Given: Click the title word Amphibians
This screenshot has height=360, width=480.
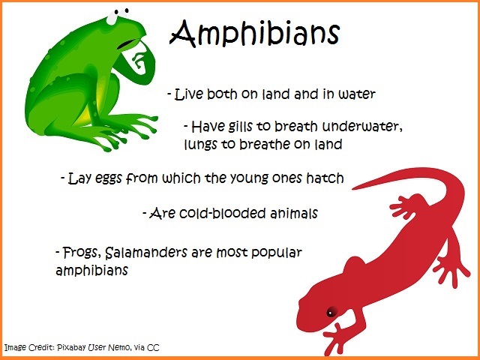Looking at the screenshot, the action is tap(255, 34).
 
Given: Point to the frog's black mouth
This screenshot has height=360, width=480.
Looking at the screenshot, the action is tap(126, 43).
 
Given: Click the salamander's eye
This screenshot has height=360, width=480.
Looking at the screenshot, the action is tap(330, 313).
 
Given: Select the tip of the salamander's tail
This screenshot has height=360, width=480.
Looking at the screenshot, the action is tap(353, 188).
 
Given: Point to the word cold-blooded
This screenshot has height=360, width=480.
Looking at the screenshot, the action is tap(222, 213).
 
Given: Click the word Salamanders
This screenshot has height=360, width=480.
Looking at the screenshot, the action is tap(146, 253).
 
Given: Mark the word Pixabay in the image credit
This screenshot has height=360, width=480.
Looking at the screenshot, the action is tap(71, 348).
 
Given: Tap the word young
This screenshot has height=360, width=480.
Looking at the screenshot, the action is tap(248, 178).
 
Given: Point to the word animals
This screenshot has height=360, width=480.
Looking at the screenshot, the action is tap(294, 213).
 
